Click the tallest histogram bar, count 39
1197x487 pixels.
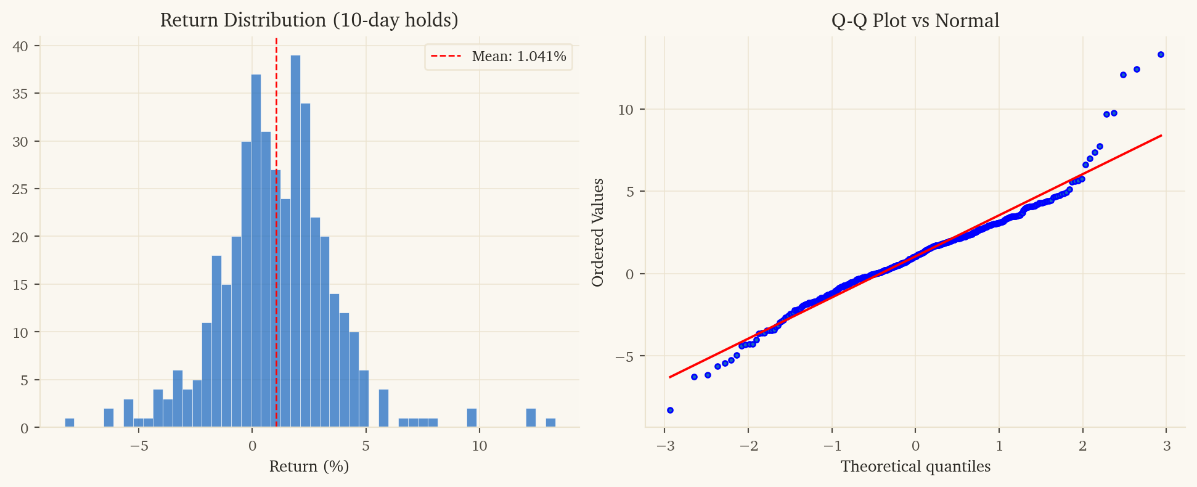pyautogui.click(x=295, y=240)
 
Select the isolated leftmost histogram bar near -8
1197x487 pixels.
pyautogui.click(x=70, y=423)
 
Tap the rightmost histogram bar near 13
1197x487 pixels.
pyautogui.click(x=550, y=423)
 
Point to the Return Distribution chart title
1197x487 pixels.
pyautogui.click(x=309, y=20)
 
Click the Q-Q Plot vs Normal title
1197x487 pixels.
pyautogui.click(x=915, y=20)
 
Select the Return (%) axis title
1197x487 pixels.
pyautogui.click(x=309, y=467)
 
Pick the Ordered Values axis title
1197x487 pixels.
pyautogui.click(x=597, y=232)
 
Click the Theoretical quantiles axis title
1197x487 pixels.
pyautogui.click(x=915, y=467)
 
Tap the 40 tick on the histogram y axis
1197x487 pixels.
pyautogui.click(x=20, y=46)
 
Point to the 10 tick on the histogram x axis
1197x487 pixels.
pyautogui.click(x=479, y=446)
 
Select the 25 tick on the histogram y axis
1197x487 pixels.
pyautogui.click(x=20, y=189)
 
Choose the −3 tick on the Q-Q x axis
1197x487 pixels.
pyautogui.click(x=664, y=446)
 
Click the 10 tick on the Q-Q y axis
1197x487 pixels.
pyautogui.click(x=625, y=110)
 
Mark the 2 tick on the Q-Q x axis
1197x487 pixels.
pyautogui.click(x=1083, y=446)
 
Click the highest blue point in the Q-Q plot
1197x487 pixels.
pyautogui.click(x=1161, y=55)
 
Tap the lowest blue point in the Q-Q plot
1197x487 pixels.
pyautogui.click(x=670, y=410)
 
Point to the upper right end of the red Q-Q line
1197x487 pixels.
pyautogui.click(x=1161, y=136)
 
